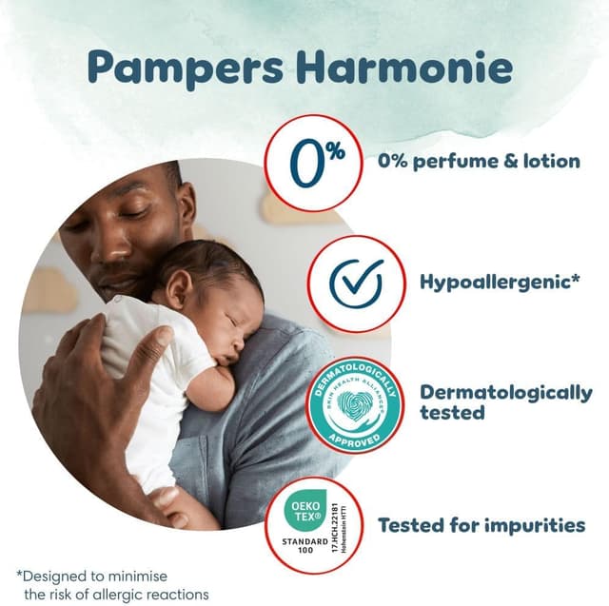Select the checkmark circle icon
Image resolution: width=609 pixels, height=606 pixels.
coord(356,283)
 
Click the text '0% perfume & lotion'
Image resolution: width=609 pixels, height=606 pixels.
coord(479,161)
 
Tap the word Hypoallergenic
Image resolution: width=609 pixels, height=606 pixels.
coord(495,283)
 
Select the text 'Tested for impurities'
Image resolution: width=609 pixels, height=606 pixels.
coord(481,524)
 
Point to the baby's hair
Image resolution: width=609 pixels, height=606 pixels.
coord(214,266)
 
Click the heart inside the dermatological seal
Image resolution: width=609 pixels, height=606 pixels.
coord(354,404)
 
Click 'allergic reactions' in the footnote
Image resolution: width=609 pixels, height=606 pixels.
coord(162,594)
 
